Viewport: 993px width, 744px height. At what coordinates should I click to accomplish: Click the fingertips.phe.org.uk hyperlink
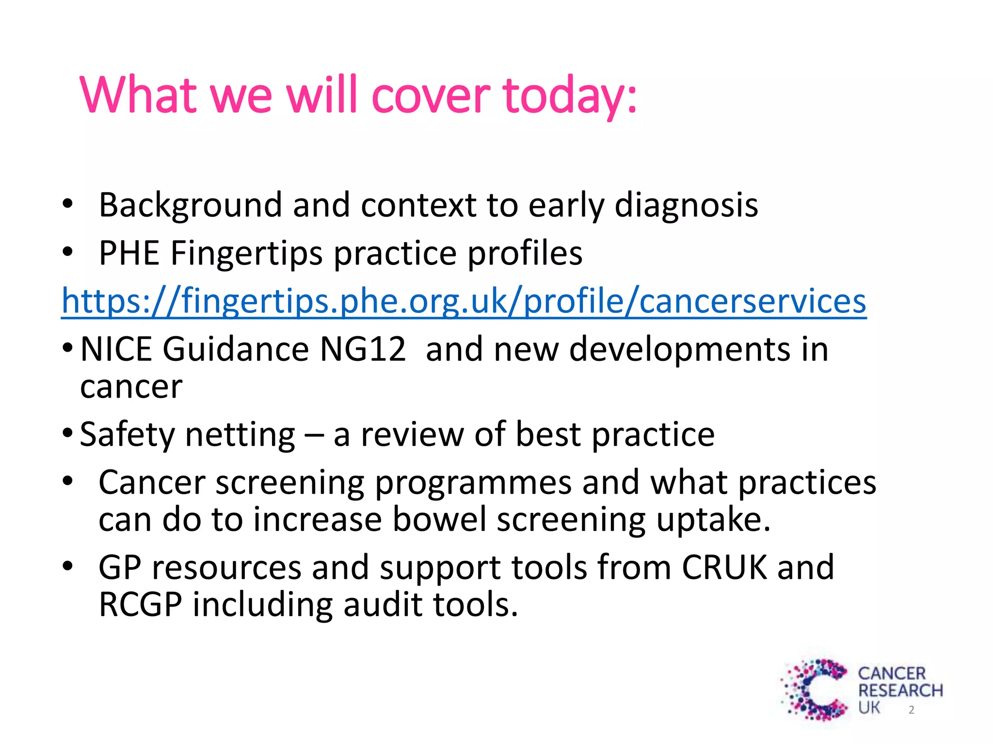[464, 301]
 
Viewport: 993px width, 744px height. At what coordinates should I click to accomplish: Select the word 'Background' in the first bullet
[190, 205]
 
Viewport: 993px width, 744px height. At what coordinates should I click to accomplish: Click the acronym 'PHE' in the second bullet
[129, 253]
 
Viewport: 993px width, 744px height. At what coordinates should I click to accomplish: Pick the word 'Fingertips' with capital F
[246, 253]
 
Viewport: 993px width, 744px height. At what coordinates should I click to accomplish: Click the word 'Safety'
[127, 434]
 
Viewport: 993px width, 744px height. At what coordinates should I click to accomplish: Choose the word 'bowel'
[439, 520]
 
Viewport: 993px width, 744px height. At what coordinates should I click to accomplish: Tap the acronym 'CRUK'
[724, 567]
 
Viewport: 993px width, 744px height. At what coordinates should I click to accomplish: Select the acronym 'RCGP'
[141, 604]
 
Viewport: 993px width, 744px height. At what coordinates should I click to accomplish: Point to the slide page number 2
[912, 710]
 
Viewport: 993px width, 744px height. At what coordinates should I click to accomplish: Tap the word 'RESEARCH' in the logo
[900, 690]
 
